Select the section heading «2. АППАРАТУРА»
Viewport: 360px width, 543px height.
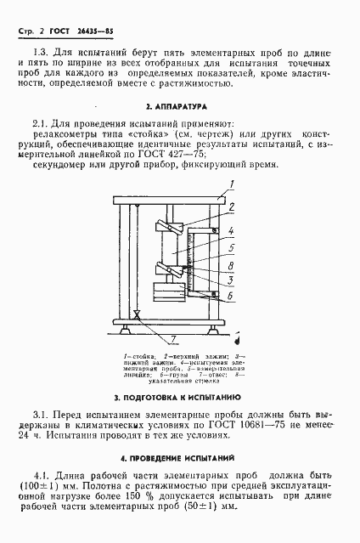click(x=180, y=108)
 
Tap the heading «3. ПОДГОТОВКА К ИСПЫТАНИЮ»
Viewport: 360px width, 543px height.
click(x=179, y=397)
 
